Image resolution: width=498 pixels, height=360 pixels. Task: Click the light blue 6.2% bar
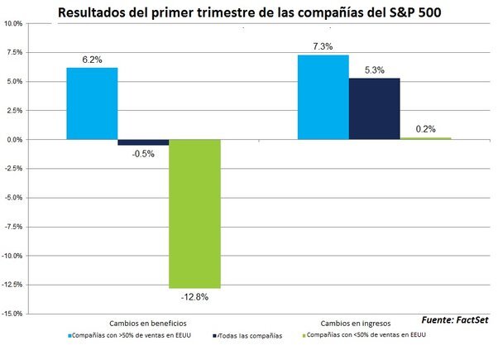pyautogui.click(x=92, y=103)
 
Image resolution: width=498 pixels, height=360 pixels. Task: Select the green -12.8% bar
pyautogui.click(x=195, y=213)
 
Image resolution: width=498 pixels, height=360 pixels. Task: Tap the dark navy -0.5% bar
pyautogui.click(x=143, y=142)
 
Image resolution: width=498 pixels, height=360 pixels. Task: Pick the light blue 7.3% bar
pyautogui.click(x=323, y=97)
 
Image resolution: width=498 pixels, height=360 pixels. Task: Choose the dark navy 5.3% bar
pyautogui.click(x=374, y=108)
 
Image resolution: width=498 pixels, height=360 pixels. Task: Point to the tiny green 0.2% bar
pyautogui.click(x=425, y=138)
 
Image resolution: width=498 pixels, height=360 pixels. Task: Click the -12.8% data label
pyautogui.click(x=195, y=295)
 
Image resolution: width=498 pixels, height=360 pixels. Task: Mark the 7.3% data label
pyautogui.click(x=323, y=47)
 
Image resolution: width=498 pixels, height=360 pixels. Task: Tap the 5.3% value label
pyautogui.click(x=375, y=70)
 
